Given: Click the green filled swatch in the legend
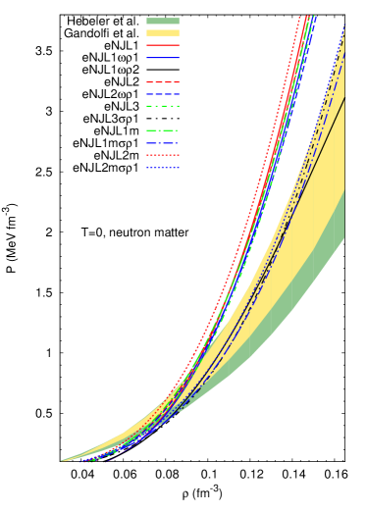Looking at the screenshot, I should coord(163,21).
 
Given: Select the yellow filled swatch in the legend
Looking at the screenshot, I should coord(163,32).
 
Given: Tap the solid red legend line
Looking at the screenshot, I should coord(163,45).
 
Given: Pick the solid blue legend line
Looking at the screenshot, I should coord(163,58).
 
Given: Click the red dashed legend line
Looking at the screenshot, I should coord(163,82).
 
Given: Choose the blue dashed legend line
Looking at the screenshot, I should coord(163,94).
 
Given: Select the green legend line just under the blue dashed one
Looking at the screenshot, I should coord(163,106).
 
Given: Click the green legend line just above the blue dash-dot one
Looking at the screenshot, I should coord(163,130).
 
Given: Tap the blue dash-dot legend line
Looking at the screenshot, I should coord(163,143).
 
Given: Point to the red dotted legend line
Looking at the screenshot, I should coord(163,155).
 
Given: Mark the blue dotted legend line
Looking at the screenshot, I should coord(163,168).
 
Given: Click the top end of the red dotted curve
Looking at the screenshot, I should coord(298,16).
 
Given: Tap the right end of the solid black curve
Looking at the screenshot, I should coord(344,98).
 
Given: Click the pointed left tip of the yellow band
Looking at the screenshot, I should coord(62,460).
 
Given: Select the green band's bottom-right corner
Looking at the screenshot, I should coord(343,237).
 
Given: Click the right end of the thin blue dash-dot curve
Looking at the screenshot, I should coord(344,55).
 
